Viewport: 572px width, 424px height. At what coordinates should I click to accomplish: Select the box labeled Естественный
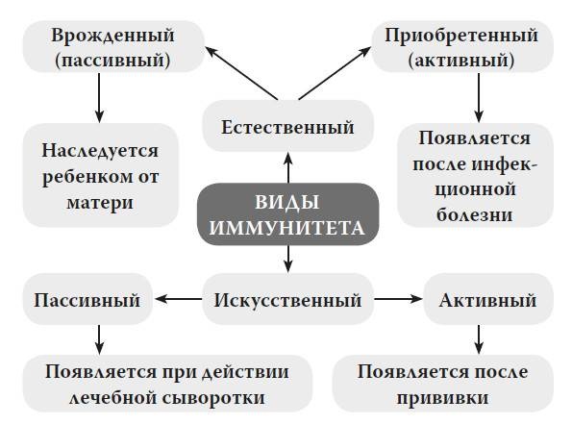pyautogui.click(x=287, y=127)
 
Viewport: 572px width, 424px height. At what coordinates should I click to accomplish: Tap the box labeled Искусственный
pyautogui.click(x=287, y=300)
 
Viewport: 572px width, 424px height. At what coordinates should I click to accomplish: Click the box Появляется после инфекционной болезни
pyautogui.click(x=475, y=174)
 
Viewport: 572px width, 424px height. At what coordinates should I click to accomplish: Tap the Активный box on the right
pyautogui.click(x=487, y=300)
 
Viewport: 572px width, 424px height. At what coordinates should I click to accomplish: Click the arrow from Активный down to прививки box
pyautogui.click(x=479, y=336)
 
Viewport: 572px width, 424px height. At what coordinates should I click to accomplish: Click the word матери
pyautogui.click(x=100, y=203)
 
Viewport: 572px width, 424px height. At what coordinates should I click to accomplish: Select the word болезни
pyautogui.click(x=475, y=214)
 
